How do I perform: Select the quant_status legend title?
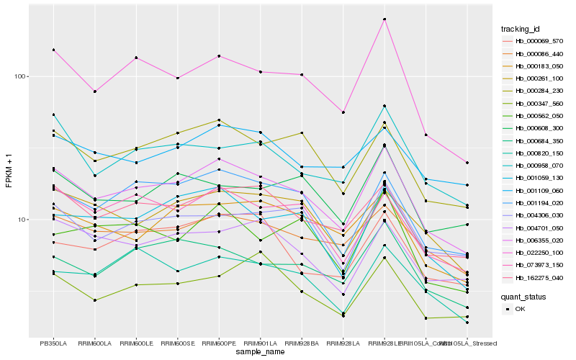pos(524,296)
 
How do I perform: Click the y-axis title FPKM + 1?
pos(9,170)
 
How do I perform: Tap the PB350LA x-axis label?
pos(53,343)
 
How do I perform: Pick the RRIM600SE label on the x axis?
pos(178,343)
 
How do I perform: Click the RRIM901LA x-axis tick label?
pos(260,343)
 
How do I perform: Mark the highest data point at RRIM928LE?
pos(384,19)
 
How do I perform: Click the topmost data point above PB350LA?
pos(53,50)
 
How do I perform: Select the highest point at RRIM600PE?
pos(219,56)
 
